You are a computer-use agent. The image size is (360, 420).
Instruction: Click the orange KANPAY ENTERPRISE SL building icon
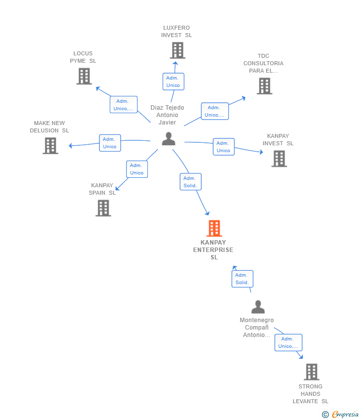click(214, 228)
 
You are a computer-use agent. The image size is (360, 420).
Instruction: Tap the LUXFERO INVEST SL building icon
click(178, 50)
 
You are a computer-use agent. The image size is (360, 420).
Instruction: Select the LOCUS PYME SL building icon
click(84, 76)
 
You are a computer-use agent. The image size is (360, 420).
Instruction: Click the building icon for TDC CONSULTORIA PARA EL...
click(264, 86)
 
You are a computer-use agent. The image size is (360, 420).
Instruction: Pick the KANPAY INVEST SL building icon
click(279, 159)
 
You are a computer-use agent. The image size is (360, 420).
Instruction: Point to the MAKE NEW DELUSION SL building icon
click(50, 146)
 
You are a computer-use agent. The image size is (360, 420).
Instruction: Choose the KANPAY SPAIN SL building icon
click(103, 208)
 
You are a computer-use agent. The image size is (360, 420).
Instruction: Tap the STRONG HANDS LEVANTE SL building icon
click(311, 372)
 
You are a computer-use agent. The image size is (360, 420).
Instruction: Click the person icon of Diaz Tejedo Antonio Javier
click(169, 139)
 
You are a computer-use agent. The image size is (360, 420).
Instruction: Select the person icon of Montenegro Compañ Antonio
click(258, 307)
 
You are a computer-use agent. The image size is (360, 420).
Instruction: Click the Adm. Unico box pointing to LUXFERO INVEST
click(173, 82)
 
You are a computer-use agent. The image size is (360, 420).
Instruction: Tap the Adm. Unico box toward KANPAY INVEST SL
click(224, 147)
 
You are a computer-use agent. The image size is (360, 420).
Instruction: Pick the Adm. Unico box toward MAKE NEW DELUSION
click(110, 143)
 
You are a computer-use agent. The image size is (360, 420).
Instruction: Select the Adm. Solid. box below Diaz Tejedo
click(190, 182)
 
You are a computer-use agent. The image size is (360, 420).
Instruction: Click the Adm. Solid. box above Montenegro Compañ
click(242, 279)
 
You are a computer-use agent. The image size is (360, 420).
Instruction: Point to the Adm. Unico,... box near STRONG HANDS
click(288, 342)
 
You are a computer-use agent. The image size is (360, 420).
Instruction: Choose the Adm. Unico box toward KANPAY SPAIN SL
click(137, 169)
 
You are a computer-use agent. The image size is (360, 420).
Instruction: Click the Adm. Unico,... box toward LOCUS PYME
click(124, 105)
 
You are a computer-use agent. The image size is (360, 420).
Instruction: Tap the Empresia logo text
click(345, 415)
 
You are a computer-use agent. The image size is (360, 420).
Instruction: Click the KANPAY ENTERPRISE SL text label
click(213, 250)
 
